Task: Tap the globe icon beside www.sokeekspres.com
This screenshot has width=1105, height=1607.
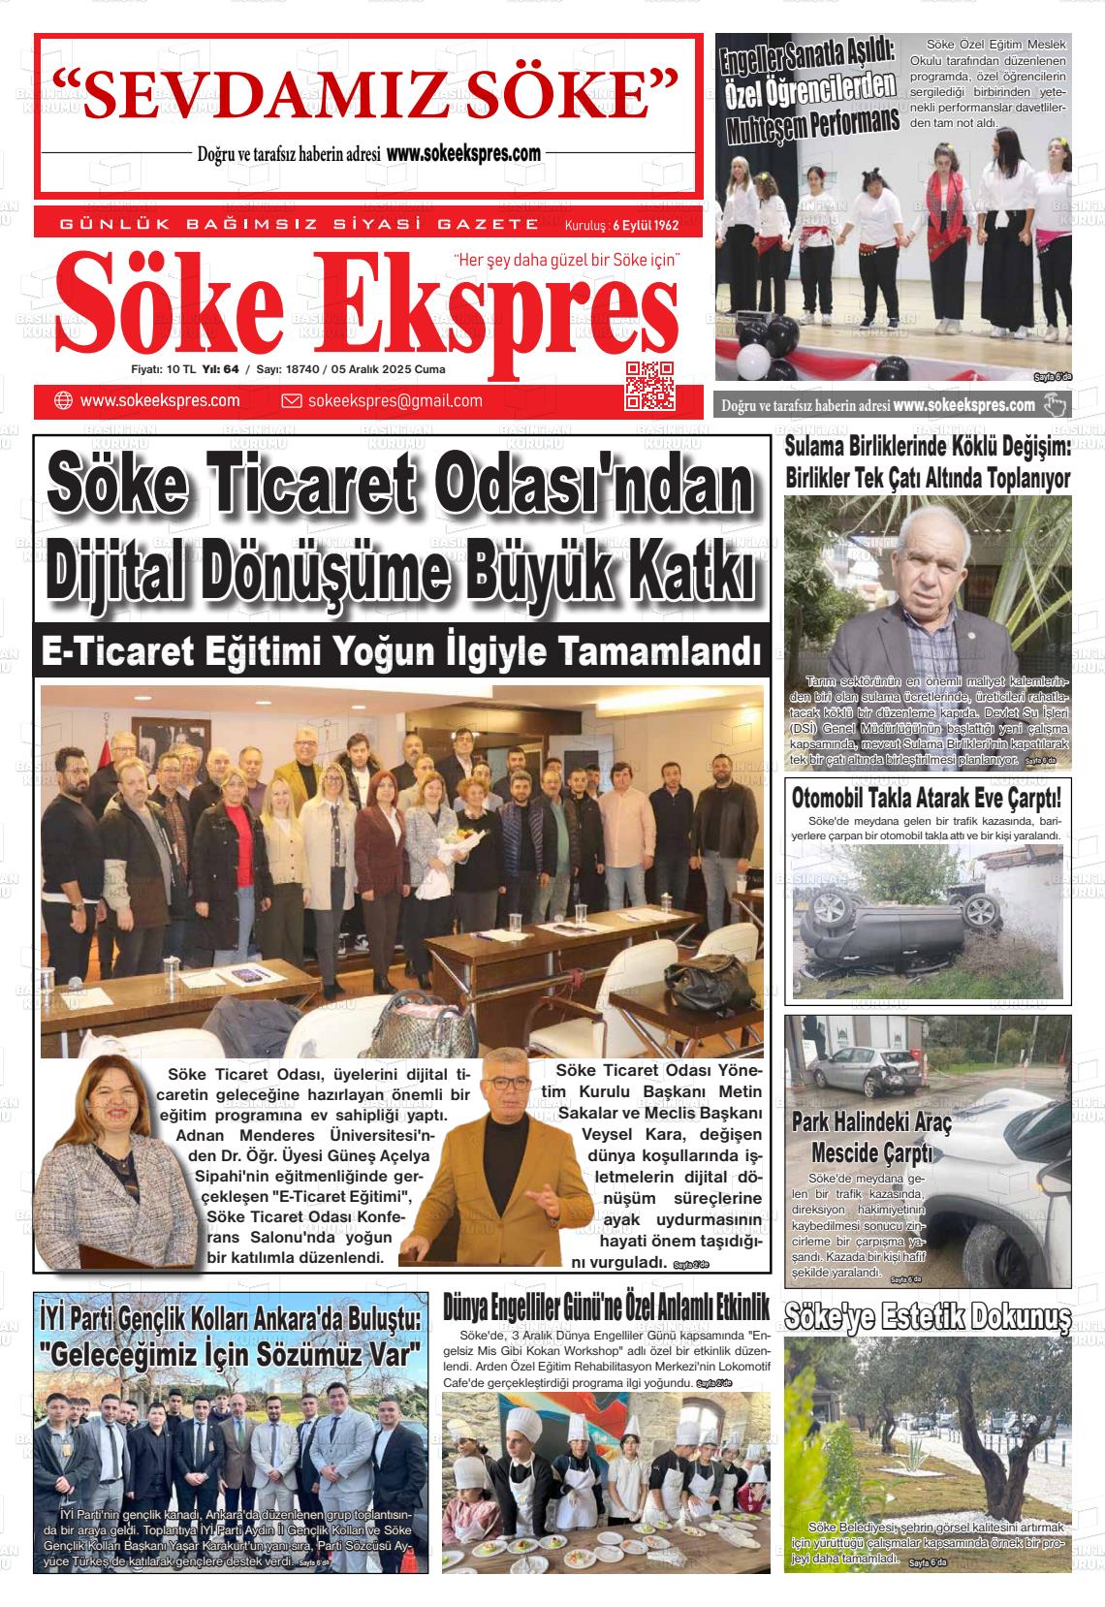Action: pos(63,401)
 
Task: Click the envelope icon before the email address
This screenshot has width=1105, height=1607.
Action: pos(291,401)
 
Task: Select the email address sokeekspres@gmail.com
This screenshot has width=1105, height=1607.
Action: pos(395,401)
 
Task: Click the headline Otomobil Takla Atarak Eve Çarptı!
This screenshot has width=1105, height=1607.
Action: pos(927,800)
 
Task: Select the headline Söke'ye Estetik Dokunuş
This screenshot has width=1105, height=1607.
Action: pos(928,1318)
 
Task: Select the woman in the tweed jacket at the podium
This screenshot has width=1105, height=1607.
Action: pos(97,1173)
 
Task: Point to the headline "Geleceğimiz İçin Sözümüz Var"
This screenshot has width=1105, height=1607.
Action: pos(231,1352)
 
